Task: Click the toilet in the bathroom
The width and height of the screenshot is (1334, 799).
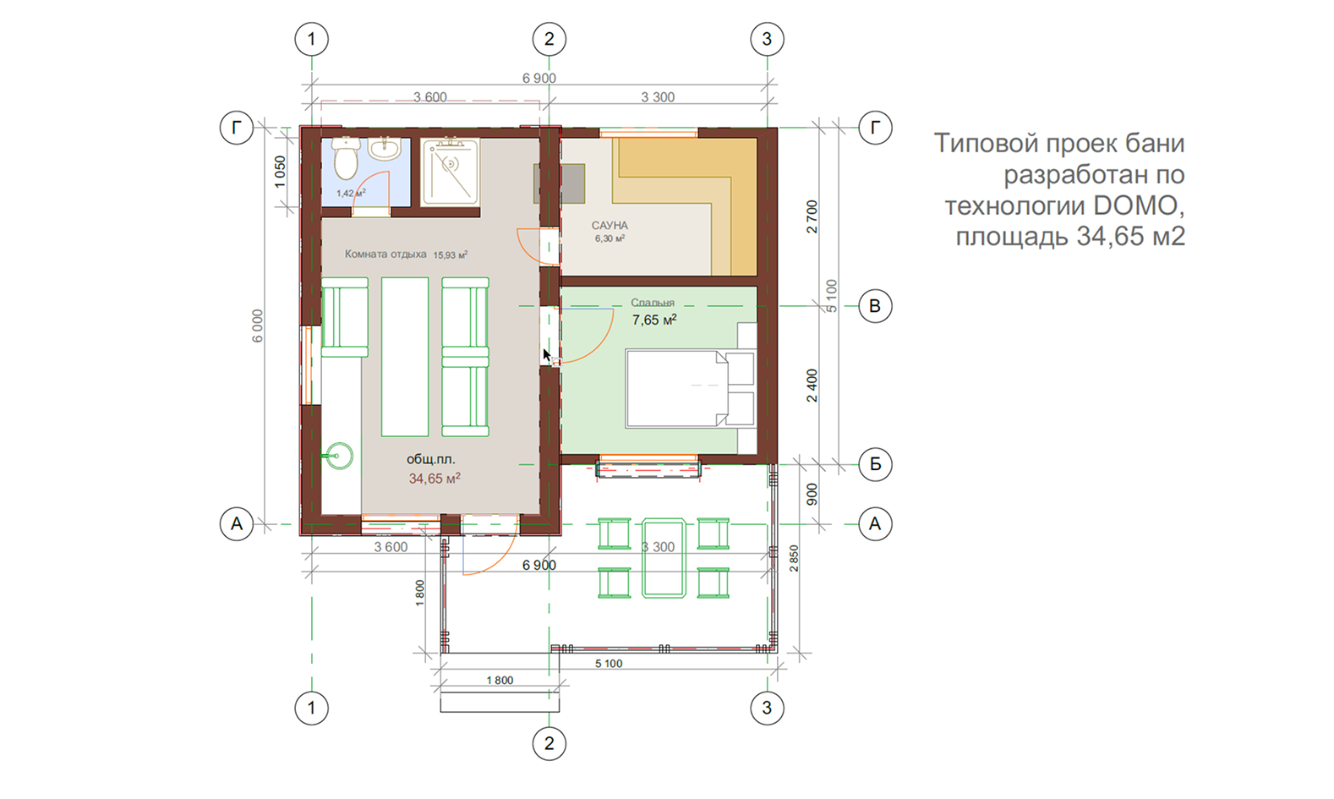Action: coord(346,157)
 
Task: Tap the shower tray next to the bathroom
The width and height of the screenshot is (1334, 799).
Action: coord(450,172)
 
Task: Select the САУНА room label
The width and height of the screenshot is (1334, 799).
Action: coord(610,225)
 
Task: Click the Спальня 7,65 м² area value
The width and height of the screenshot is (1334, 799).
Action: coord(654,320)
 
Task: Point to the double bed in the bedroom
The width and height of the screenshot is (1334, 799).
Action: coord(690,388)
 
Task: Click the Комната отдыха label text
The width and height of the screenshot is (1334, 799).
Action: coord(385,254)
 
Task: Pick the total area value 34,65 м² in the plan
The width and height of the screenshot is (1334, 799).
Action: coord(435,479)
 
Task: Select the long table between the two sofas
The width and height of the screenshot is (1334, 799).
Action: coord(405,356)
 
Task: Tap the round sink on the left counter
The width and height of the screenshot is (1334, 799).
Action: coord(339,457)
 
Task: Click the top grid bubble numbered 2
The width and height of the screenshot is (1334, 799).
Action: coord(549,40)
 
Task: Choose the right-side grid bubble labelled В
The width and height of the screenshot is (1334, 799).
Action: coord(875,306)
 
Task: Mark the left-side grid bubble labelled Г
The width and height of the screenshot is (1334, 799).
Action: coord(237,128)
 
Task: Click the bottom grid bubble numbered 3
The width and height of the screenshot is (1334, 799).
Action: coord(767,708)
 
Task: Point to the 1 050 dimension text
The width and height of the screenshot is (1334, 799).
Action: coord(280,172)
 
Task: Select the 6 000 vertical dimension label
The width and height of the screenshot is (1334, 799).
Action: coord(257,326)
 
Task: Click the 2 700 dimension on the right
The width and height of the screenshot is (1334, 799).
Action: coord(812,216)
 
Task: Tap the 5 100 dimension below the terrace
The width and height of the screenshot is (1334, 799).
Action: coord(609,664)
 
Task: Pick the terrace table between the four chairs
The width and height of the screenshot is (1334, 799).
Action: coord(664,558)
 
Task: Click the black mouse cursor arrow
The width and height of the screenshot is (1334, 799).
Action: coord(547,356)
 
